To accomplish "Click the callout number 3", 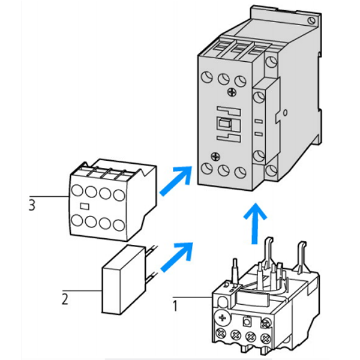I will (x=31, y=205).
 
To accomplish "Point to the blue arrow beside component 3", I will (x=175, y=182).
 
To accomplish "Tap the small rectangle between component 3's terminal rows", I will (x=85, y=207).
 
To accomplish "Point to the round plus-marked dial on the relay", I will (x=223, y=317).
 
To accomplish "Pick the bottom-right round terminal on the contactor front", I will (x=241, y=172).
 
